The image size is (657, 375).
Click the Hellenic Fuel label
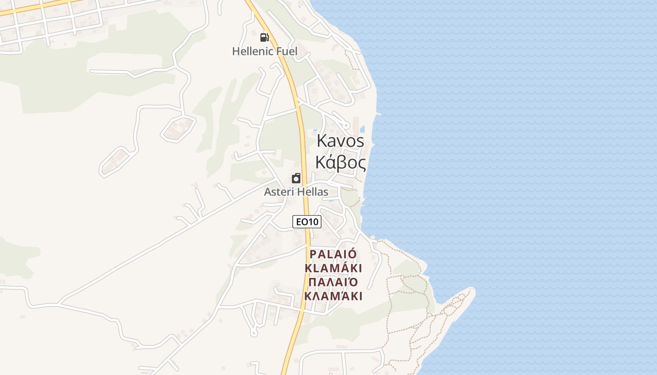tap(265, 51)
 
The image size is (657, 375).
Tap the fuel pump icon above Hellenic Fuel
tap(265, 37)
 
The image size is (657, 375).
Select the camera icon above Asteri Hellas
tap(296, 178)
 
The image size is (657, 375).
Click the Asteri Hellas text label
tap(296, 192)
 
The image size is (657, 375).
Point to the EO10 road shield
tap(307, 222)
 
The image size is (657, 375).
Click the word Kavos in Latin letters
tap(340, 141)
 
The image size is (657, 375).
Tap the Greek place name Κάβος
tap(340, 162)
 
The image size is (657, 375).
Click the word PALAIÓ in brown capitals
tap(333, 254)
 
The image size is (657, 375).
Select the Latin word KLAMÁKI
tap(333, 268)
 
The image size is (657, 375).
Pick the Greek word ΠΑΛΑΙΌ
tap(333, 282)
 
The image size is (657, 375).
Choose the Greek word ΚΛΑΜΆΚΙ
tap(333, 296)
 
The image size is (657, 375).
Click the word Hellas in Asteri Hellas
tap(313, 192)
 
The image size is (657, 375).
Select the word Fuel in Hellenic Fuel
tap(286, 51)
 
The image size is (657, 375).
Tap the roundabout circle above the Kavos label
tap(346, 125)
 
